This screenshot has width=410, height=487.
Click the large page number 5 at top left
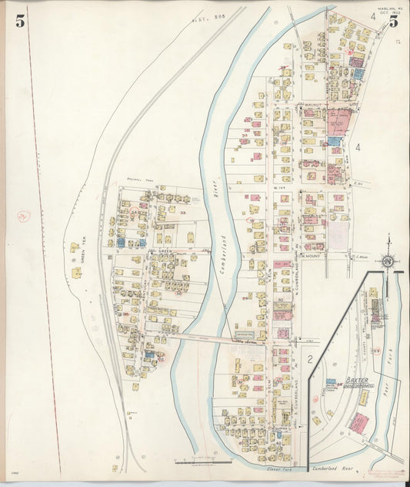(x=20, y=21)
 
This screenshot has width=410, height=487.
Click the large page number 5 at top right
(x=392, y=20)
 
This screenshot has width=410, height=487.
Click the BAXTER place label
(x=356, y=380)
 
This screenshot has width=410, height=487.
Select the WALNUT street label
(x=310, y=104)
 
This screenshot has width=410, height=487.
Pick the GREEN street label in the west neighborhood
(x=162, y=251)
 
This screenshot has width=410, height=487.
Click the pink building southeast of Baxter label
(x=358, y=422)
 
